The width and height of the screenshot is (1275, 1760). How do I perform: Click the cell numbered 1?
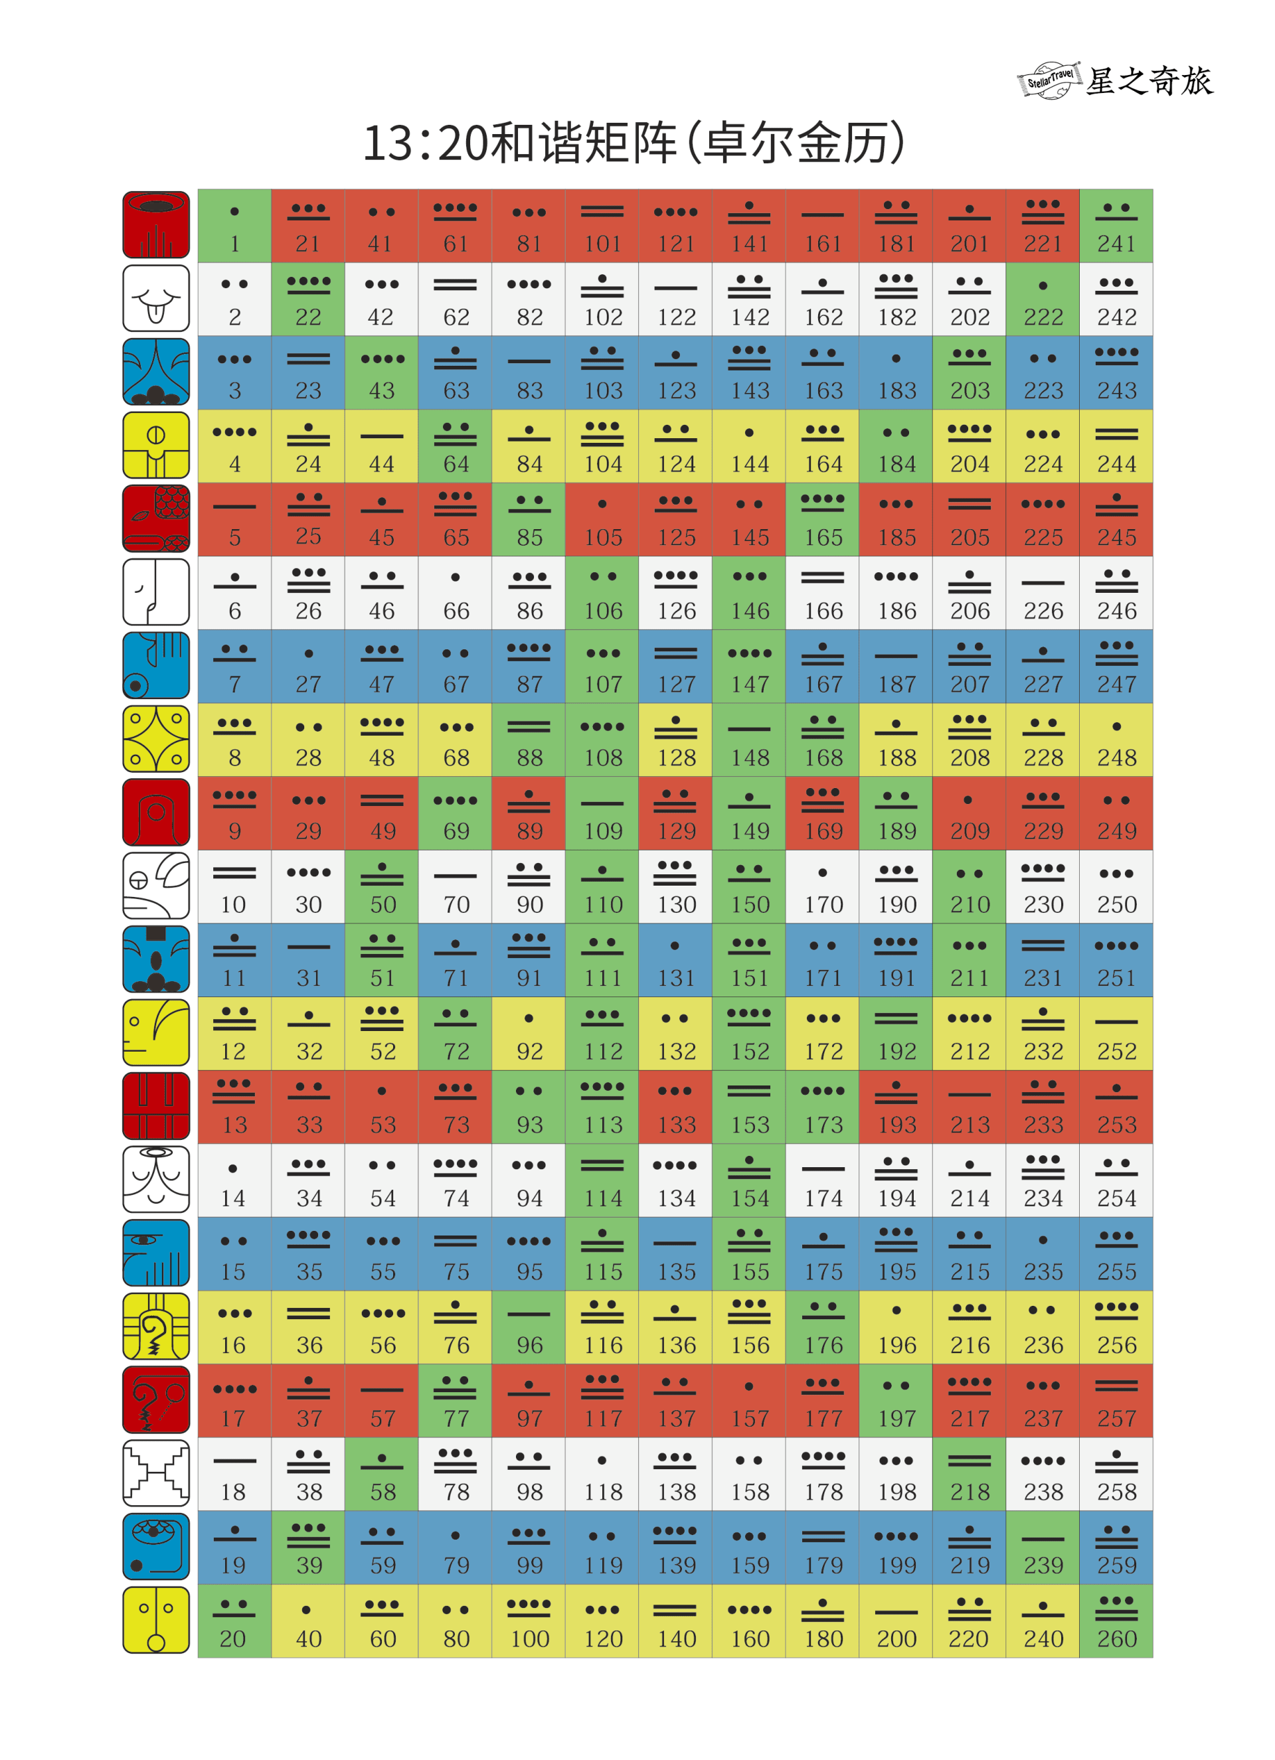coord(234,226)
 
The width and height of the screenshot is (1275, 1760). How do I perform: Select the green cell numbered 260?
coord(1115,1621)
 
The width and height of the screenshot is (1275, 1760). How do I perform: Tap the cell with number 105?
coord(602,519)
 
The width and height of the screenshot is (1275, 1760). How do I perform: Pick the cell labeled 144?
coord(749,446)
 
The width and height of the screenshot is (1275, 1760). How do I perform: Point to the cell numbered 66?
coord(455,593)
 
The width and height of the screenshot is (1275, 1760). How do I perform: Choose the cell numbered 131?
coord(675,960)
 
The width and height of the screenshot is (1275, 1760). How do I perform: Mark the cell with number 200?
coord(896,1621)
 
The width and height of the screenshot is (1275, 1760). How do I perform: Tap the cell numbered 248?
coord(1115,740)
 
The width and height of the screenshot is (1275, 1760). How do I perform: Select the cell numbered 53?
coord(381,1107)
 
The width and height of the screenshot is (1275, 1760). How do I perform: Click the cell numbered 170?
coord(822,886)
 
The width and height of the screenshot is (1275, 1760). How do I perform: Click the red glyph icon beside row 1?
coord(156,225)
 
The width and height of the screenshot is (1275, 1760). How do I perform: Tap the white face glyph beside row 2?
coord(156,299)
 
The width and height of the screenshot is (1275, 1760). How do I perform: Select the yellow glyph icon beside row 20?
coord(156,1621)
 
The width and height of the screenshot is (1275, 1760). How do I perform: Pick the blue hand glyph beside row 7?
coord(156,666)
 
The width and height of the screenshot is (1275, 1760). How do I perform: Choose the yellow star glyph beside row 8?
coord(156,740)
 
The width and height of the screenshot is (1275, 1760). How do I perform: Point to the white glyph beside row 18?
coord(156,1473)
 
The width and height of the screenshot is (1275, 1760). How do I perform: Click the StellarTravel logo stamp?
coord(1049,80)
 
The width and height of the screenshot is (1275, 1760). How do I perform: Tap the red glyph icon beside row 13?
coord(156,1106)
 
